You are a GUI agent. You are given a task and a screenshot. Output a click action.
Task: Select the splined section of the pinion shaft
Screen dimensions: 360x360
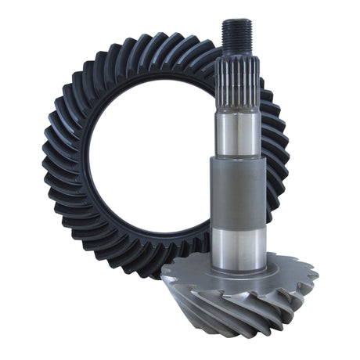[234, 75]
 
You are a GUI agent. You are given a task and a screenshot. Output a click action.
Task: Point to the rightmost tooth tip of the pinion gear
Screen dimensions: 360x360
[316, 275]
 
